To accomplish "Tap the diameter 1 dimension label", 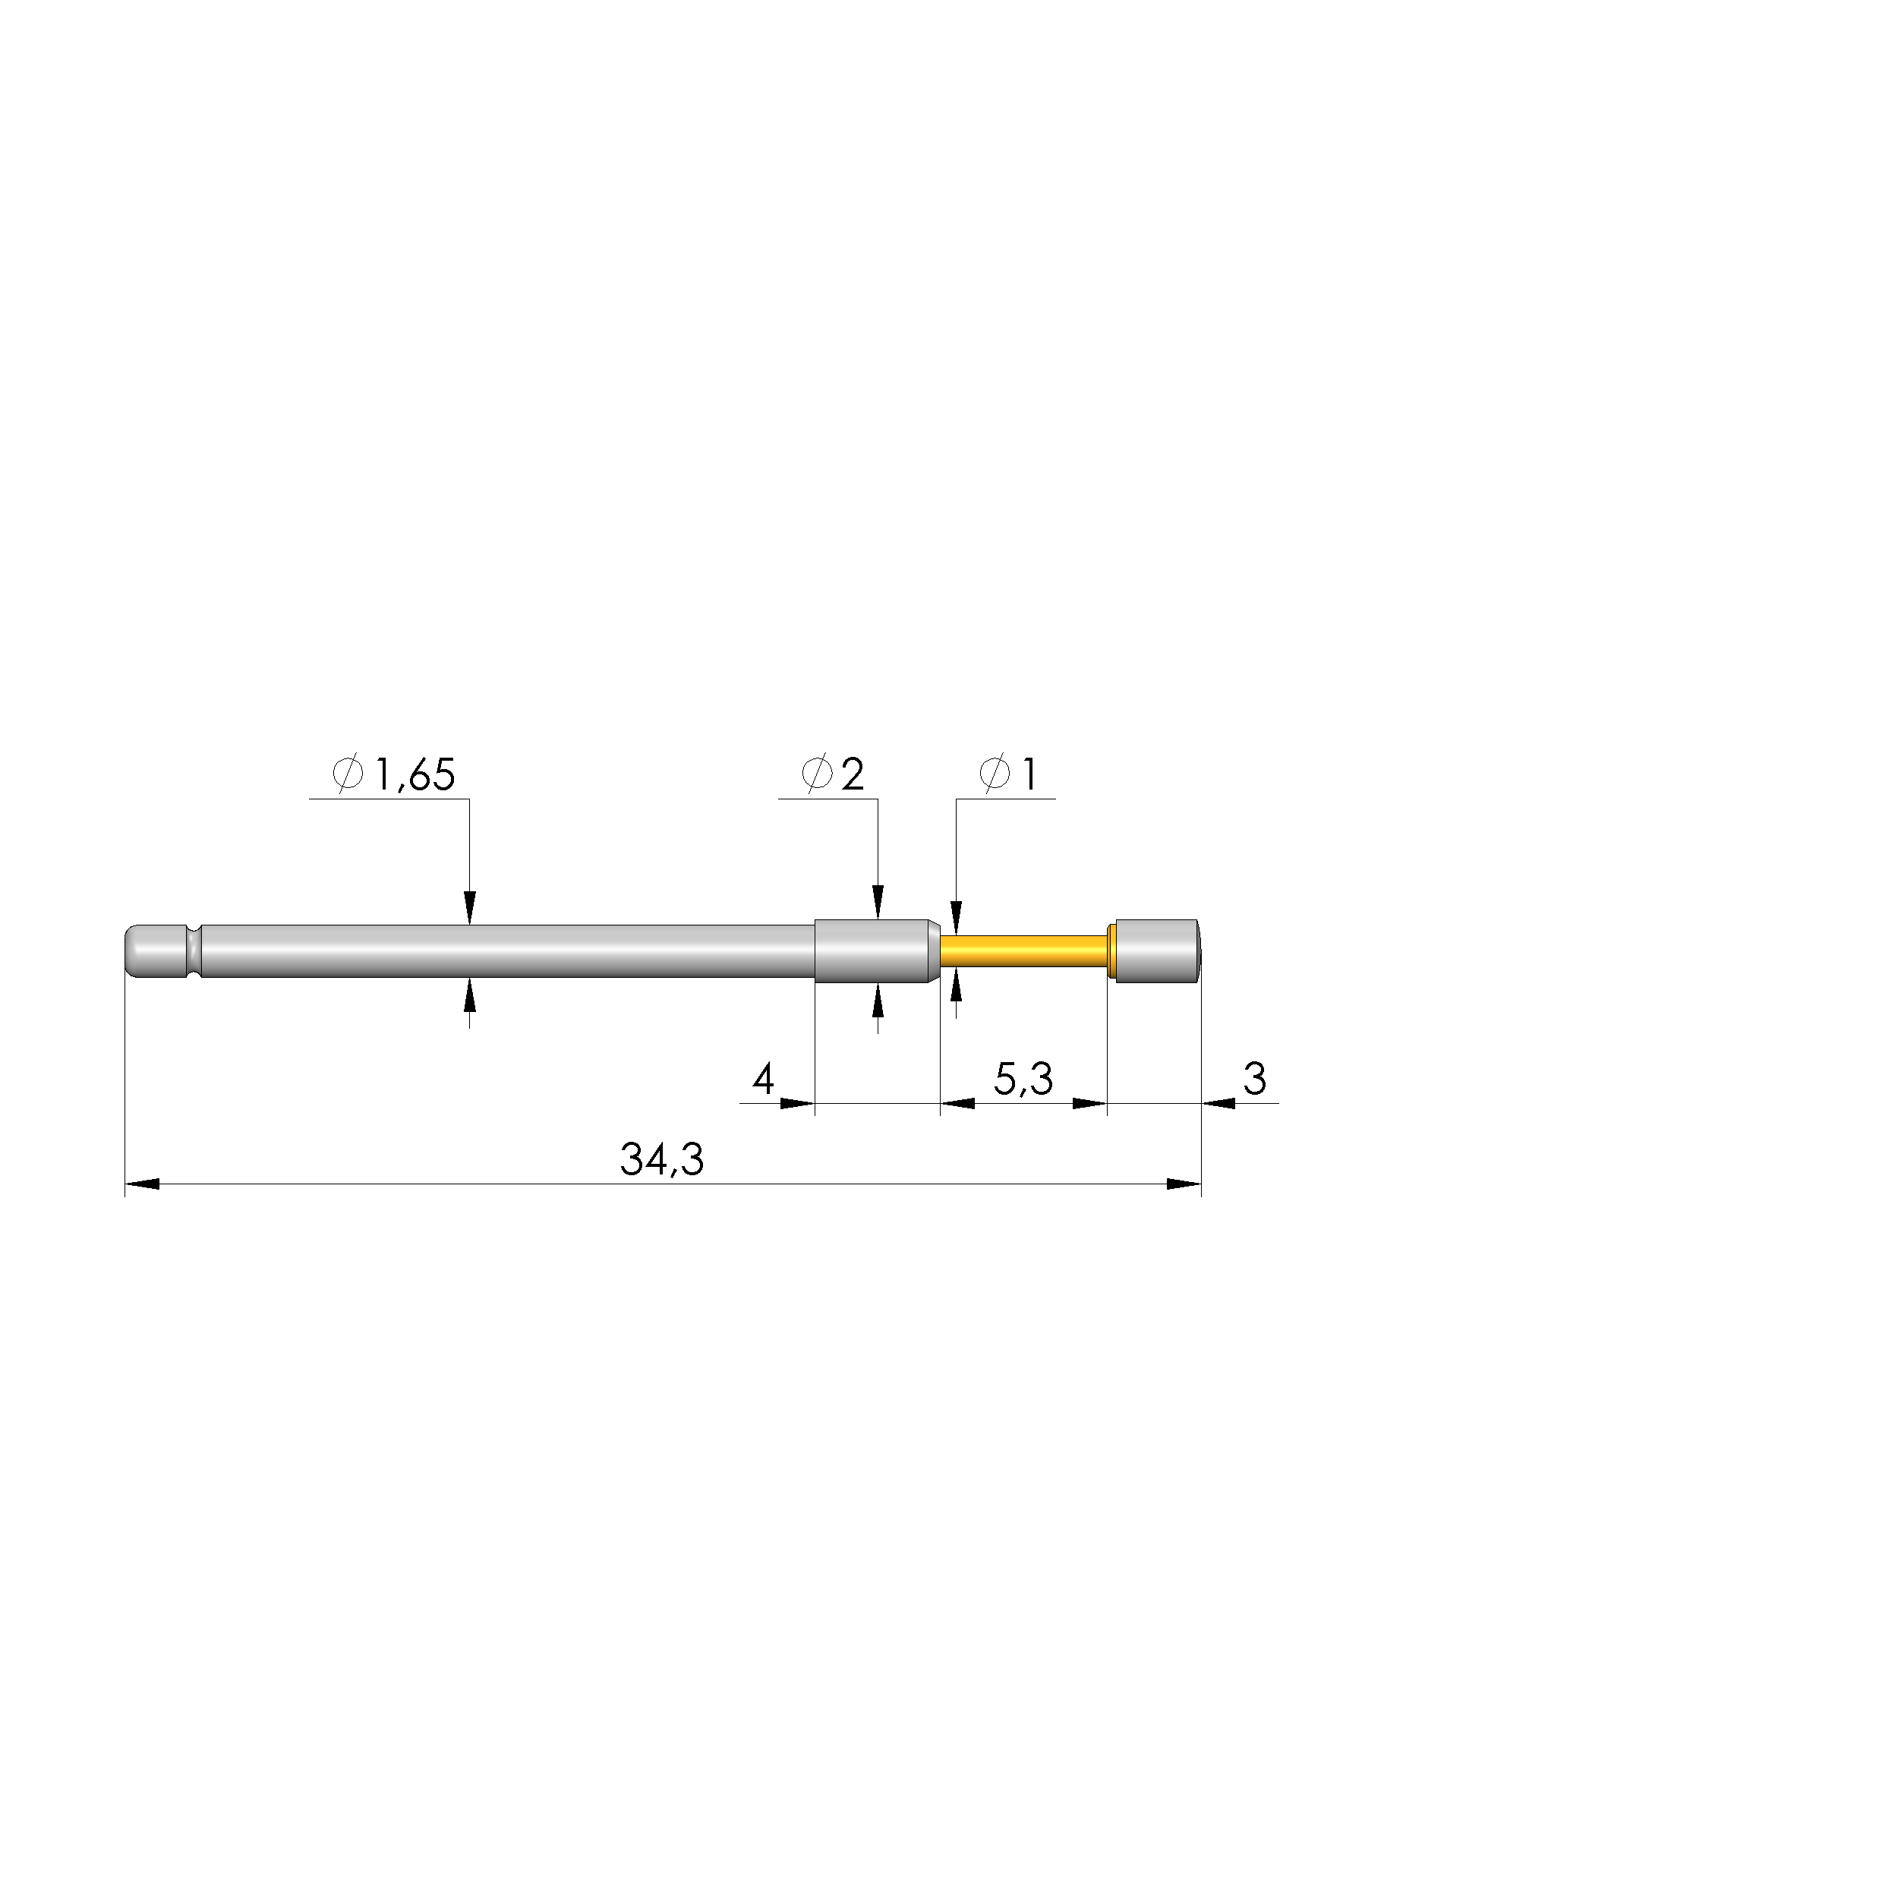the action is tap(1008, 775).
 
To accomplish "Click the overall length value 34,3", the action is tap(662, 1160).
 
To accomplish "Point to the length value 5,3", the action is tap(1023, 1080).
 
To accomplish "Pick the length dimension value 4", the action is tap(764, 1080).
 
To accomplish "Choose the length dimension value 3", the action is tap(1254, 1080).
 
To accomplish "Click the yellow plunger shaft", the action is tap(1024, 950).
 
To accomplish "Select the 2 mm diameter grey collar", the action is tap(875, 950).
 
